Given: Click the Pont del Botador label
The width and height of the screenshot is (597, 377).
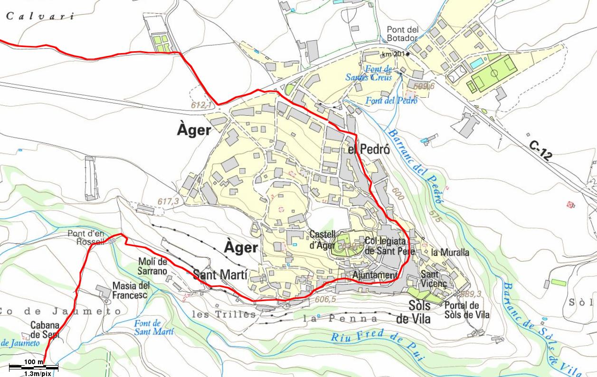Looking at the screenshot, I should point(402,34).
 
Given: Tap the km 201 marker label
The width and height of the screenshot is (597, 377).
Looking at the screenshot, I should point(393,54).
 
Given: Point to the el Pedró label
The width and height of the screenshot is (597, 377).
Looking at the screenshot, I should point(369,149).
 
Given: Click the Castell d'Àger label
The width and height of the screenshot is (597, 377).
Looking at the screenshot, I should point(322,240).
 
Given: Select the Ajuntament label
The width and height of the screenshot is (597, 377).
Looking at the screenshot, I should point(375,275).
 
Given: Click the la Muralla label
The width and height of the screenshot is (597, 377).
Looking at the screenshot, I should point(450,252).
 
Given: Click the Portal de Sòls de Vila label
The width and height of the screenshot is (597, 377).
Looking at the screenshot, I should point(467,310).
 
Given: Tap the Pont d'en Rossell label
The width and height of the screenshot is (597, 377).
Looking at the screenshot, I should point(85,237).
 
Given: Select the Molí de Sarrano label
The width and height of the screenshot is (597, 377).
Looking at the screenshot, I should point(152,267).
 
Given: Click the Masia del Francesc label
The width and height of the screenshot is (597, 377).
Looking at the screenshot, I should point(131,290).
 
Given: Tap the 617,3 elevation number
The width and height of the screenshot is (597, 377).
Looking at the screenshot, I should point(168,202).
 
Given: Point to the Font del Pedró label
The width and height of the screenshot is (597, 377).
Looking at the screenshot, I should point(391,100).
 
